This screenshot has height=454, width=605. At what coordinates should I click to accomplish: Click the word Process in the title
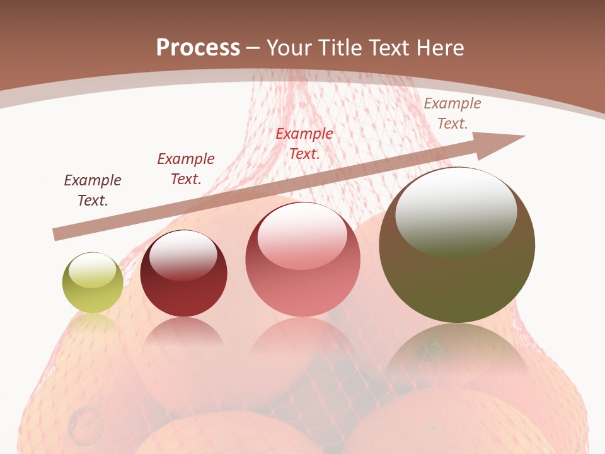tap(198, 48)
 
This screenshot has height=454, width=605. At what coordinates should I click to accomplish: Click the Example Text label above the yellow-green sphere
tap(92, 190)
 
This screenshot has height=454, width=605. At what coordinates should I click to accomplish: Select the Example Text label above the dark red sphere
tap(185, 169)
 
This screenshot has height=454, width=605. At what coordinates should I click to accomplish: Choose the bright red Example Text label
tap(304, 143)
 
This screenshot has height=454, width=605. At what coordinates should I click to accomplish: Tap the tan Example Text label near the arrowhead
tap(452, 113)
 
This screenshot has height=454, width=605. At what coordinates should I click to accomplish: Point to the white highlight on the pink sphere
tap(302, 235)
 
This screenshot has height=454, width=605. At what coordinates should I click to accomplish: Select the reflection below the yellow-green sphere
tap(93, 325)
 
